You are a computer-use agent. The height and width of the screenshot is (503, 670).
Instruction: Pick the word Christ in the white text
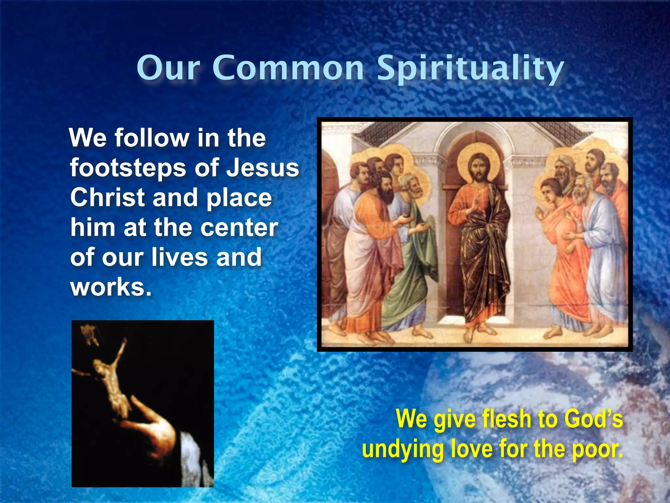click(x=107, y=198)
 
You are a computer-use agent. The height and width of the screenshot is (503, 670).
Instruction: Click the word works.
click(x=111, y=287)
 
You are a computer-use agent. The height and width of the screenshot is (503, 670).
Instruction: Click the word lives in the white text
click(x=179, y=257)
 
